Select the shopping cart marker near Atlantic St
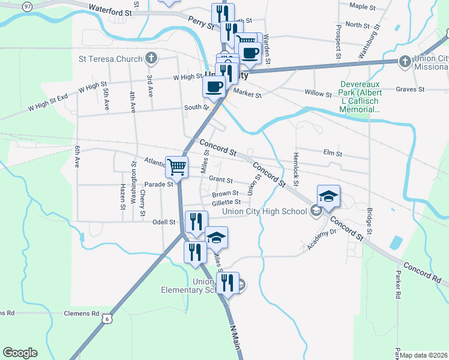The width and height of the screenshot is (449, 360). tap(177, 166)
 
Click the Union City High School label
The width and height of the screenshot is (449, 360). tap(264, 211)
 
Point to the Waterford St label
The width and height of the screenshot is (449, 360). tap(110, 10)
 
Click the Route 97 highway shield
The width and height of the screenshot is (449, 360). tap(28, 5)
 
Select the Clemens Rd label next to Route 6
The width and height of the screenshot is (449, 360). tap(82, 313)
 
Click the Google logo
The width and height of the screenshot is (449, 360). tap(20, 353)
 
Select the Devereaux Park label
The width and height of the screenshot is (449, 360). tap(360, 97)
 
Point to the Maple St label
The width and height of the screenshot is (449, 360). tap(362, 7)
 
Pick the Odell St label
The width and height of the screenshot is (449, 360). tap(163, 222)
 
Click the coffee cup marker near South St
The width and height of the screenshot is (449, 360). tap(214, 86)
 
